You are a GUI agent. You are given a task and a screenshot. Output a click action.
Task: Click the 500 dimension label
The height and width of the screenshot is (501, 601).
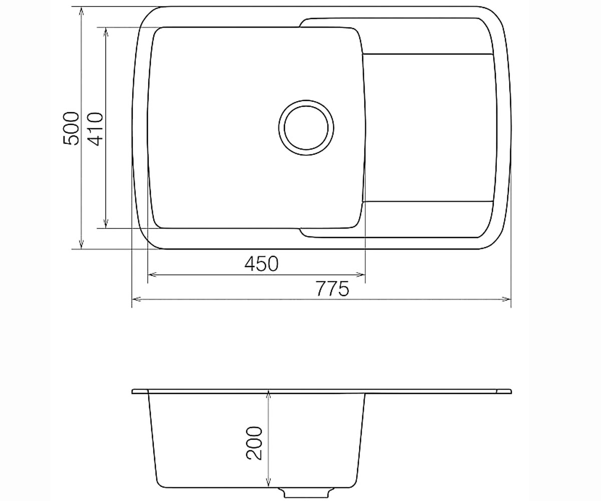coord(71,128)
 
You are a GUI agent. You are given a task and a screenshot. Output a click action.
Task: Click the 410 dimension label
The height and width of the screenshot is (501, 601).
coord(95,129)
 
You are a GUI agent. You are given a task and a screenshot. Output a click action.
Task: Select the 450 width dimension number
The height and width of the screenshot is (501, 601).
coord(261,264)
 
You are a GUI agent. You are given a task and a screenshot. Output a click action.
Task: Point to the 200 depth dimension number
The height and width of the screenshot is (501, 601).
coord(254,443)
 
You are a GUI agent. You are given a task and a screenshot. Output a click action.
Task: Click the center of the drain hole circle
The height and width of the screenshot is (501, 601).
coord(306,128)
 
